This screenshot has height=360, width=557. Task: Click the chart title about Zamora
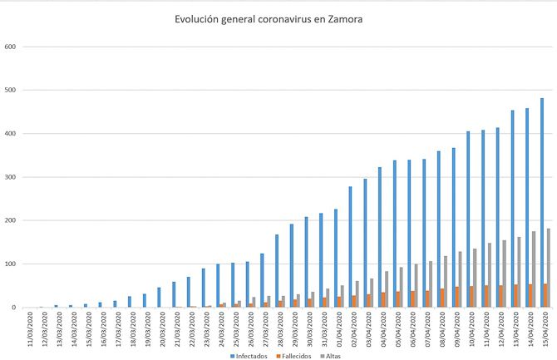pos(269,18)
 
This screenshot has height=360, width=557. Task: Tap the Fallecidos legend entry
pos(297,355)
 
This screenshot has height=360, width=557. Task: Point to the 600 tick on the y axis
pos(10,47)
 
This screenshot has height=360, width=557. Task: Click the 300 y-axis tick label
pos(10,177)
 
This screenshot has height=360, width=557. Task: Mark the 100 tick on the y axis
pos(10,264)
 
